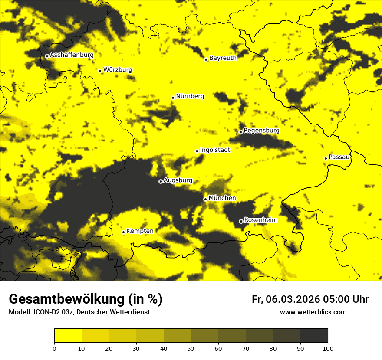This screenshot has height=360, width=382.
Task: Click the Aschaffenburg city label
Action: coord(72,55)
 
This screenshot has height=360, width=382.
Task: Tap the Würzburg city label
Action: coord(118,70)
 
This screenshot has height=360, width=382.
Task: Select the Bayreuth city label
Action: coord(223,58)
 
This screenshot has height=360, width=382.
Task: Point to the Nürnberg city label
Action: coord(190,96)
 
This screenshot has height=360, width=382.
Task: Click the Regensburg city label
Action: coord(261,131)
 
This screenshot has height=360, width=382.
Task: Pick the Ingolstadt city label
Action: coord(215,150)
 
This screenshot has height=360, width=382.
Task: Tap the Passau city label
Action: coord(339,157)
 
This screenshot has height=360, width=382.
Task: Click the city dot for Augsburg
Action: coord(161,181)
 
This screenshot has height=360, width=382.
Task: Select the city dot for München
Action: coord(205,199)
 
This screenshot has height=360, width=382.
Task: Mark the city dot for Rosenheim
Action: coord(241,221)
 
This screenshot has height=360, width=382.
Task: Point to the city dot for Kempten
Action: coord(123,232)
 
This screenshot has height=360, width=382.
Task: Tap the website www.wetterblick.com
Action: coord(313,312)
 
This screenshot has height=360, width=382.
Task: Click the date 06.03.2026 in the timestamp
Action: coord(293,299)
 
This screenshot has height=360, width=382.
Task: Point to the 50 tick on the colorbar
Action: coord(191,348)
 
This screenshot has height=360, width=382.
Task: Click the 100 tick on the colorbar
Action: coord(328,348)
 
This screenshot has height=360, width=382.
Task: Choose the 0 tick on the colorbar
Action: coord(54,348)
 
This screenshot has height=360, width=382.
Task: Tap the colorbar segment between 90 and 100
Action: coord(314,336)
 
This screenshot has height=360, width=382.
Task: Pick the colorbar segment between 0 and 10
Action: coord(68,336)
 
